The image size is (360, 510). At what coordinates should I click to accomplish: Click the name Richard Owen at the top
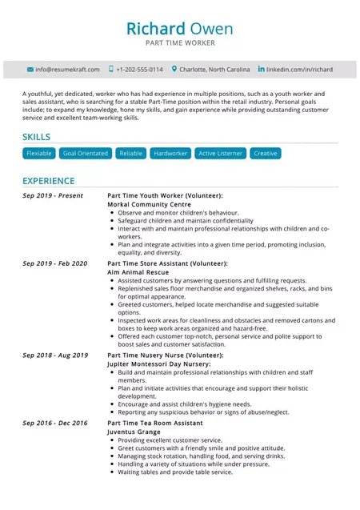179,30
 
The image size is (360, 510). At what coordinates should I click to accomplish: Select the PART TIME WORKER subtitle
179,43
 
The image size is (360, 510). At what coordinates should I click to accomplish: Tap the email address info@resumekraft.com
67,70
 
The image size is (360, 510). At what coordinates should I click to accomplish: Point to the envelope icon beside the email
30,70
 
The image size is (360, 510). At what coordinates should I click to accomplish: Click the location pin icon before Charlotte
174,70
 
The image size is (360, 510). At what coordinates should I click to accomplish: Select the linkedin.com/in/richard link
299,70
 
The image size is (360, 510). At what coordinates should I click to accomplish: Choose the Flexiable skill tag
39,153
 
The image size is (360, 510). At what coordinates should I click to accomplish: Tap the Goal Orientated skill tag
85,153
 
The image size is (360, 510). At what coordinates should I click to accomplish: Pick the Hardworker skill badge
170,153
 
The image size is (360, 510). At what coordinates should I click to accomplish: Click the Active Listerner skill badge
220,153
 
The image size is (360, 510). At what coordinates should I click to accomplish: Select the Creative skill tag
265,153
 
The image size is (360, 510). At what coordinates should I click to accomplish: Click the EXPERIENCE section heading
48,181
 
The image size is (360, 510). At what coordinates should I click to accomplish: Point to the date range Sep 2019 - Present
53,195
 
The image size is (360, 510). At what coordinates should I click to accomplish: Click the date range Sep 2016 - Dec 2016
55,423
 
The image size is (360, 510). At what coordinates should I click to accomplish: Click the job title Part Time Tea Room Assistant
155,423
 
